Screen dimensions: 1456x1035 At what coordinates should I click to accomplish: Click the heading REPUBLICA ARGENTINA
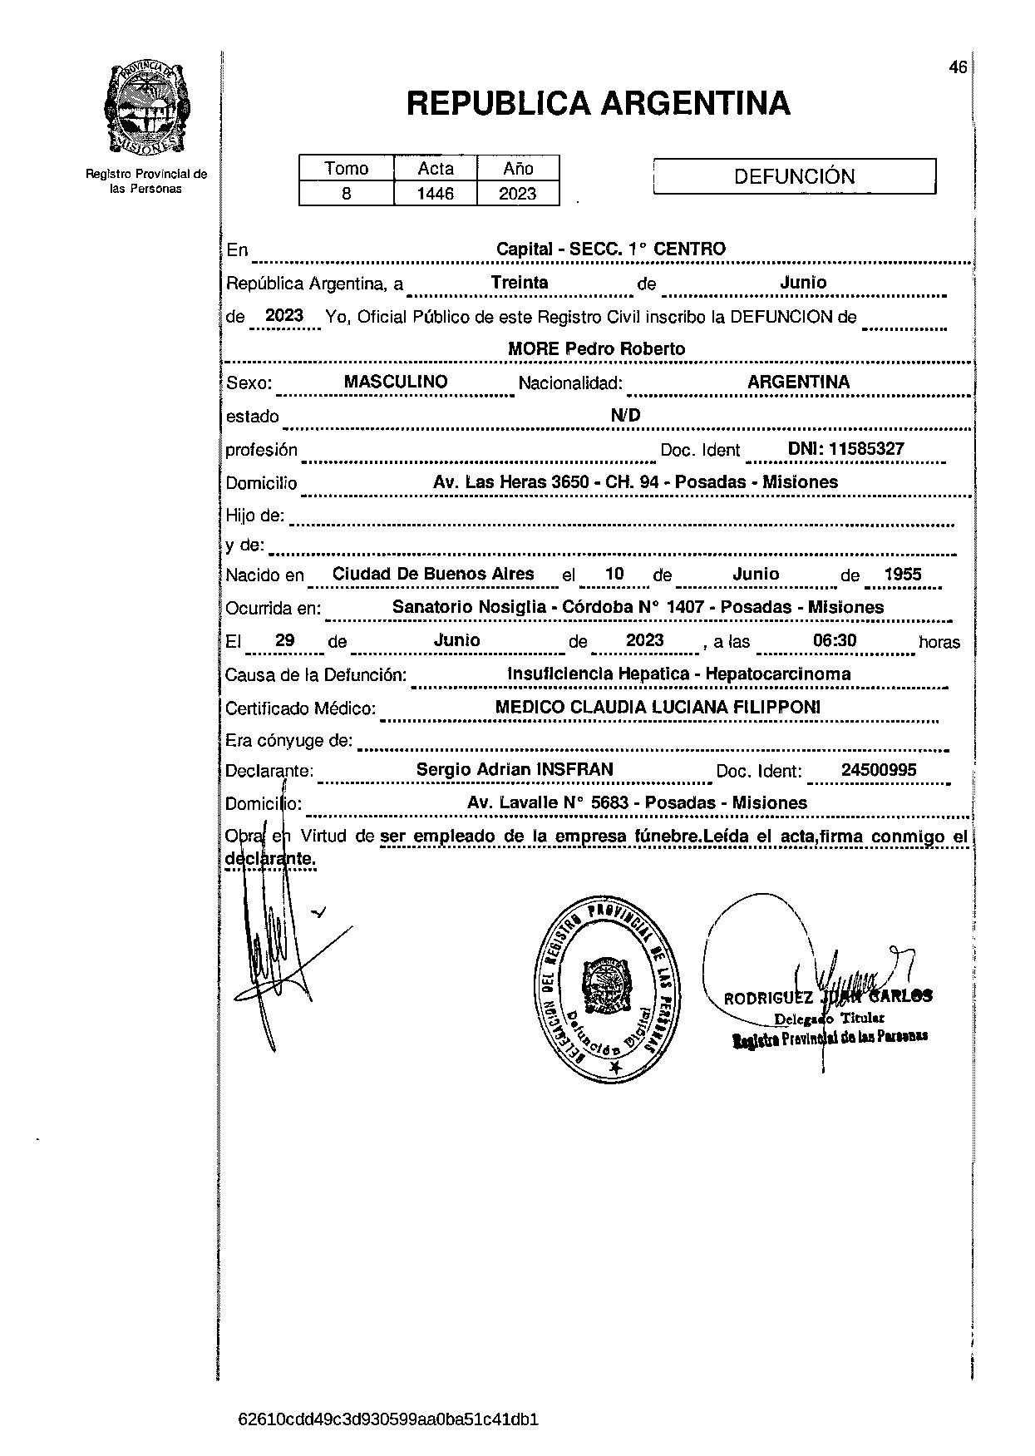coord(598,104)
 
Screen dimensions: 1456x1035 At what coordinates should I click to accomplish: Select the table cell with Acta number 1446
coord(436,194)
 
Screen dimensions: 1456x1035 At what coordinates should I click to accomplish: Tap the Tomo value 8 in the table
coord(346,194)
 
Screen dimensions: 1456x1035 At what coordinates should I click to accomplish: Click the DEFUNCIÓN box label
coord(794,176)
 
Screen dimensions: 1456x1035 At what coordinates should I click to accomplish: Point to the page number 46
coord(958,68)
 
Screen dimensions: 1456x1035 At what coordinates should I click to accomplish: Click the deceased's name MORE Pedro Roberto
coord(596,349)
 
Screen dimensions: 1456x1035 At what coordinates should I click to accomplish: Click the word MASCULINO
coord(396,382)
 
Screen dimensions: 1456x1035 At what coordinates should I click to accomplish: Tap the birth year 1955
coord(902,574)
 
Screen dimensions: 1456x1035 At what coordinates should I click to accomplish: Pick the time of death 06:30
coord(834,639)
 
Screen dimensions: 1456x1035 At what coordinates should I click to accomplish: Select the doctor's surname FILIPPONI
coord(775,707)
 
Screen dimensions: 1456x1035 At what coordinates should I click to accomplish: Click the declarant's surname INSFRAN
coord(575,769)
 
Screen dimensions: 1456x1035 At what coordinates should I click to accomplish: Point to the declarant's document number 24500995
coord(879,770)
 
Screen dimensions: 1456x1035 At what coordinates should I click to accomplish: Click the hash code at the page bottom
coord(388,1419)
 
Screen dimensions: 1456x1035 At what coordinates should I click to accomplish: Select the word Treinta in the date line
coord(520,282)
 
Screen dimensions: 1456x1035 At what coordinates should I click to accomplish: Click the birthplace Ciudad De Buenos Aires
coord(433,574)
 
